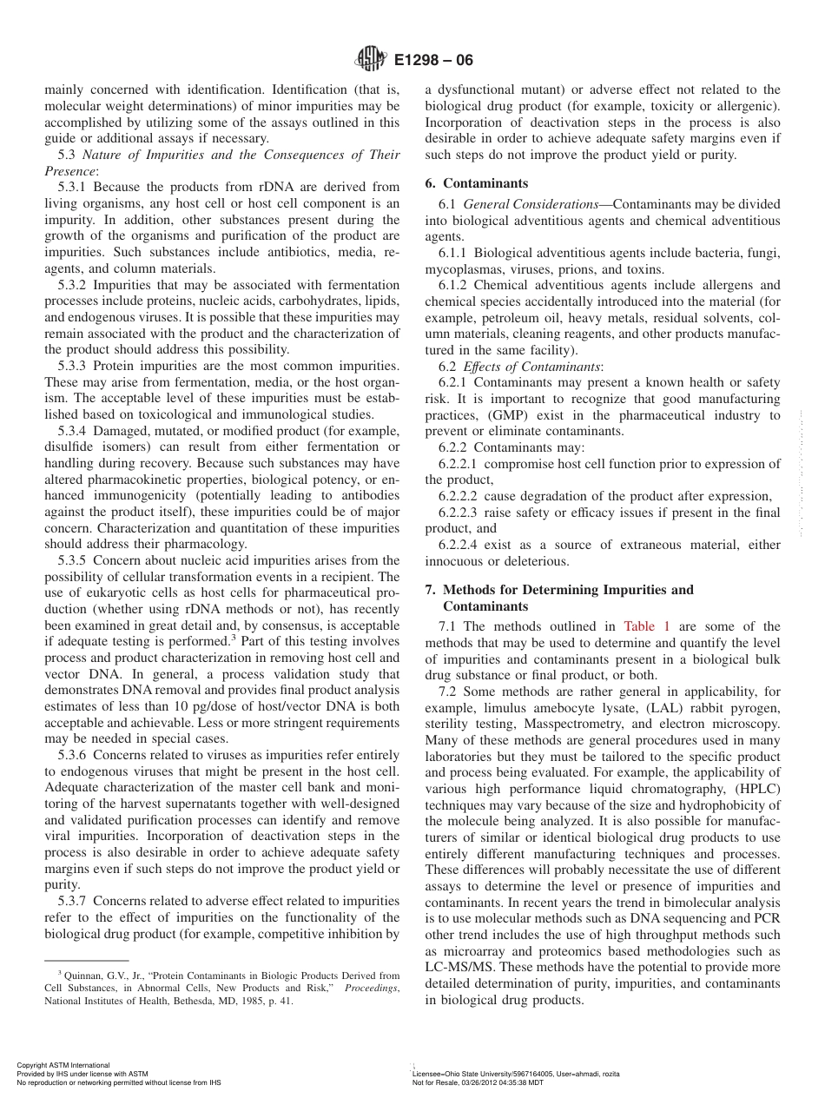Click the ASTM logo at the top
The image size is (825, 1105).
click(371, 60)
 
